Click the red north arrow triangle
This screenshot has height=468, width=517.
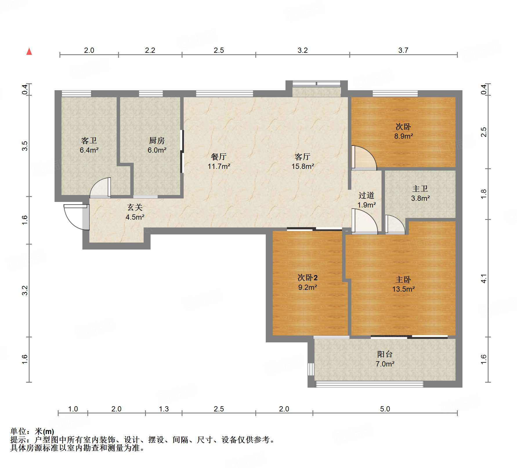click(29, 51)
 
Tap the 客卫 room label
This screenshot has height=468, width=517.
click(89, 141)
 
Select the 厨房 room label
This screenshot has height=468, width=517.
click(157, 141)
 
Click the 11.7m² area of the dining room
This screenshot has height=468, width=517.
click(219, 167)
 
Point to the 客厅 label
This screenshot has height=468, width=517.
click(303, 157)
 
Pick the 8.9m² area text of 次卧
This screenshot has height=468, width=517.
click(404, 136)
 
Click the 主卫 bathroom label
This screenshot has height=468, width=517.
click(420, 189)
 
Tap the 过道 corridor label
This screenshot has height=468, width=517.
click(366, 196)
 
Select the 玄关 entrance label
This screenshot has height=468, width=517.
click(135, 207)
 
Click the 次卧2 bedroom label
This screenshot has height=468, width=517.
click(308, 278)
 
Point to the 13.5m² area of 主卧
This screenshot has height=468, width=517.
click(404, 289)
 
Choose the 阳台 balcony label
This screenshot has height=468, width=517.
click(385, 354)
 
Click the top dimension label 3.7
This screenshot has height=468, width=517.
click(403, 50)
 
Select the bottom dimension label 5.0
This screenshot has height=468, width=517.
click(385, 409)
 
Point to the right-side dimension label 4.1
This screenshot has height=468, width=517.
click(484, 279)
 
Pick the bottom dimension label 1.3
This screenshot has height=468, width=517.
click(164, 409)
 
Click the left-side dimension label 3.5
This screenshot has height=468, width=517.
click(25, 146)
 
